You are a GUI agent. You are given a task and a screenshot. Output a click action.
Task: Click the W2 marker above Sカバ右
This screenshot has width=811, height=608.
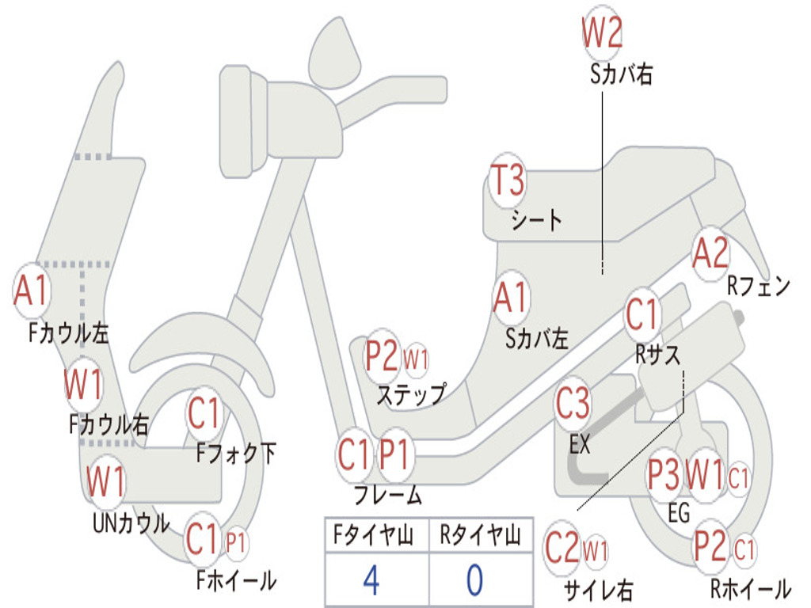(x=602, y=33)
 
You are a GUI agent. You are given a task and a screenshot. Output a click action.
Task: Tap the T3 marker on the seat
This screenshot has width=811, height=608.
(x=508, y=181)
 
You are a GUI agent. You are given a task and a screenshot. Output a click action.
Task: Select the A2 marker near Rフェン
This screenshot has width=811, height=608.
(x=710, y=253)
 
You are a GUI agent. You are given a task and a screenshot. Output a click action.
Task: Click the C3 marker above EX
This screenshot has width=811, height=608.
(x=573, y=404)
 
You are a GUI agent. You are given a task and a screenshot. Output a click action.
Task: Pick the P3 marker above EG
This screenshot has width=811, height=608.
(x=664, y=476)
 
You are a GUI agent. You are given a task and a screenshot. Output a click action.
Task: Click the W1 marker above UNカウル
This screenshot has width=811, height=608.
(x=105, y=481)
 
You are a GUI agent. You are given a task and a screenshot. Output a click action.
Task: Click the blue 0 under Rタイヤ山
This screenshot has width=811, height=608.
(x=474, y=580)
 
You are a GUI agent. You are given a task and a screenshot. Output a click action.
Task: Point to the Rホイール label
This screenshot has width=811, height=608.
(x=749, y=589)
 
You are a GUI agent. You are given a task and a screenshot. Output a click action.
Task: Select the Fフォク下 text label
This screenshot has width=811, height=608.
(x=236, y=454)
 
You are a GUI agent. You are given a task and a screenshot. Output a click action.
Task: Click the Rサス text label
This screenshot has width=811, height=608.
(x=657, y=355)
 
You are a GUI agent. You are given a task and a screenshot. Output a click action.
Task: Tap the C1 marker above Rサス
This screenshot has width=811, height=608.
(x=642, y=314)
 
